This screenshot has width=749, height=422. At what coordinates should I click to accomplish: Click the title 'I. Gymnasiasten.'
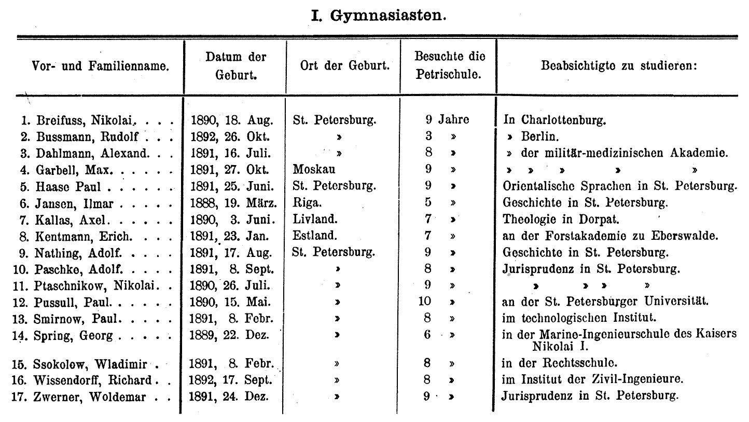click(378, 16)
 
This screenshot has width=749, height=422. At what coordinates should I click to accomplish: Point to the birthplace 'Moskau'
click(314, 169)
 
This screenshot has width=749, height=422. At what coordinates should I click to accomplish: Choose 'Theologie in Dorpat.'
click(552, 219)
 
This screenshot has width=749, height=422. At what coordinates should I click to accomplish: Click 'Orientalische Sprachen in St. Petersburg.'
click(619, 185)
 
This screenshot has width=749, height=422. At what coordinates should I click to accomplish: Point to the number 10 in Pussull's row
click(425, 301)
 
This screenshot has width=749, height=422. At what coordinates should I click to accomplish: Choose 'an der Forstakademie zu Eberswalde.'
click(609, 235)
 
